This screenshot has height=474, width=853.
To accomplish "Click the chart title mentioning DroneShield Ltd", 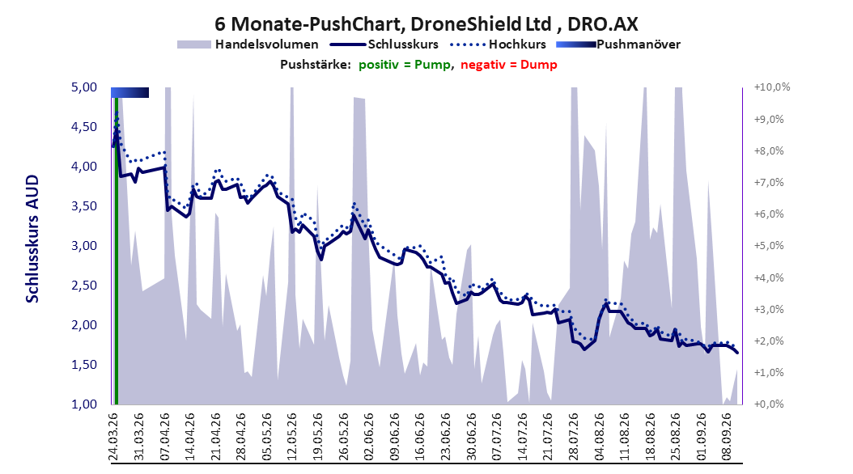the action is (426, 24).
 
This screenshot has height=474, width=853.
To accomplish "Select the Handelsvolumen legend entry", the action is (248, 44).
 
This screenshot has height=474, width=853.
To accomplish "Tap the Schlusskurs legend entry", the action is (384, 44).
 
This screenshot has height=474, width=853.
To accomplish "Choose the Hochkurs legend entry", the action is (499, 44).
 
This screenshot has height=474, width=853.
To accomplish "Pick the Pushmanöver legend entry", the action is (618, 44).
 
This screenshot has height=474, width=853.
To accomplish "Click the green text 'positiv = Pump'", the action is (405, 65).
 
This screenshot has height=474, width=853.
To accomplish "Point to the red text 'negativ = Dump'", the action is (509, 65).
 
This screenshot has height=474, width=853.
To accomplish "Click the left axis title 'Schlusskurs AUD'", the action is (32, 239).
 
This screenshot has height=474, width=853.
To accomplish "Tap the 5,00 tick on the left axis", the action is (84, 87).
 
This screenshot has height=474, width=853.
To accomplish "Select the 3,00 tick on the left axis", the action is (84, 246).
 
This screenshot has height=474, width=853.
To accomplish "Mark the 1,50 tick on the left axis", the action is (84, 365).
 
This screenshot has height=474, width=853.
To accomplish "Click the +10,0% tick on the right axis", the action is (772, 87).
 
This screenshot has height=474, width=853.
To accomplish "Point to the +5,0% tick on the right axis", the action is (769, 246).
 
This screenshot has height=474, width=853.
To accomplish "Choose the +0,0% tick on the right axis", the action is (769, 404).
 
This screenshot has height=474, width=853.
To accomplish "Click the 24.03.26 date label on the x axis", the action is (113, 437).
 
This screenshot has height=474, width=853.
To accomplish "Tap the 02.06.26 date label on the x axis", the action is (369, 437).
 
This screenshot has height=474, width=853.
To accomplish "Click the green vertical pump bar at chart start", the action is (116, 251).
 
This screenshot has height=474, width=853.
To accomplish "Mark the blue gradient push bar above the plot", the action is (130, 92).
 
